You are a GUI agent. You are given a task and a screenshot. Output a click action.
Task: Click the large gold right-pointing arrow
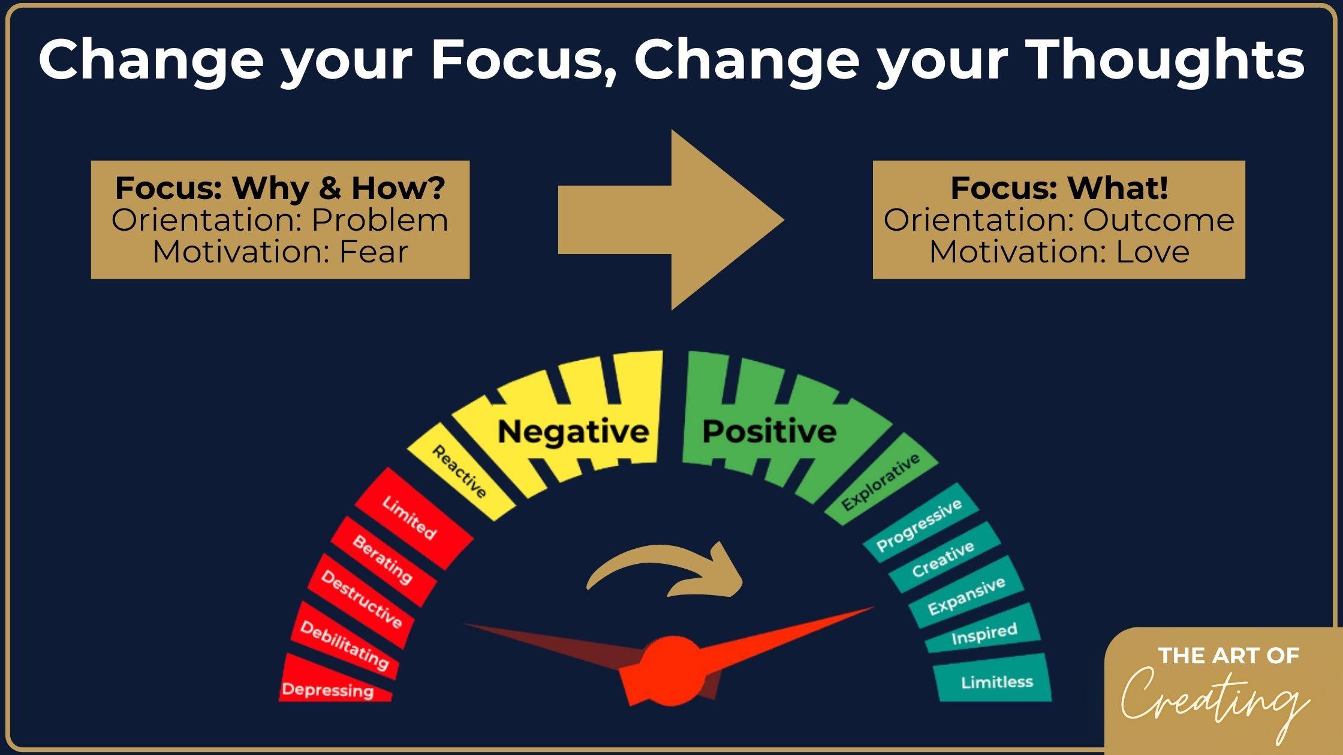(x=671, y=219)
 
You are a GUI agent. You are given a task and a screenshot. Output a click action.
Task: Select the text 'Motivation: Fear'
(x=280, y=252)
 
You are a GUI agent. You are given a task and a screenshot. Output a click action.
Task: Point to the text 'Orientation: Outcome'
(x=1059, y=220)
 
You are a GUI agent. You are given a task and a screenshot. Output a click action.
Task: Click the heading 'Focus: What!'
(x=1059, y=188)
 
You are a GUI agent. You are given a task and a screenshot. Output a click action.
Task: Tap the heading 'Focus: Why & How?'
(x=280, y=188)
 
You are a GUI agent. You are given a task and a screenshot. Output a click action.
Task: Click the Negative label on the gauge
(x=573, y=431)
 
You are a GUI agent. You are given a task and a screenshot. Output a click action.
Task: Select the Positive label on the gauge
(x=769, y=431)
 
